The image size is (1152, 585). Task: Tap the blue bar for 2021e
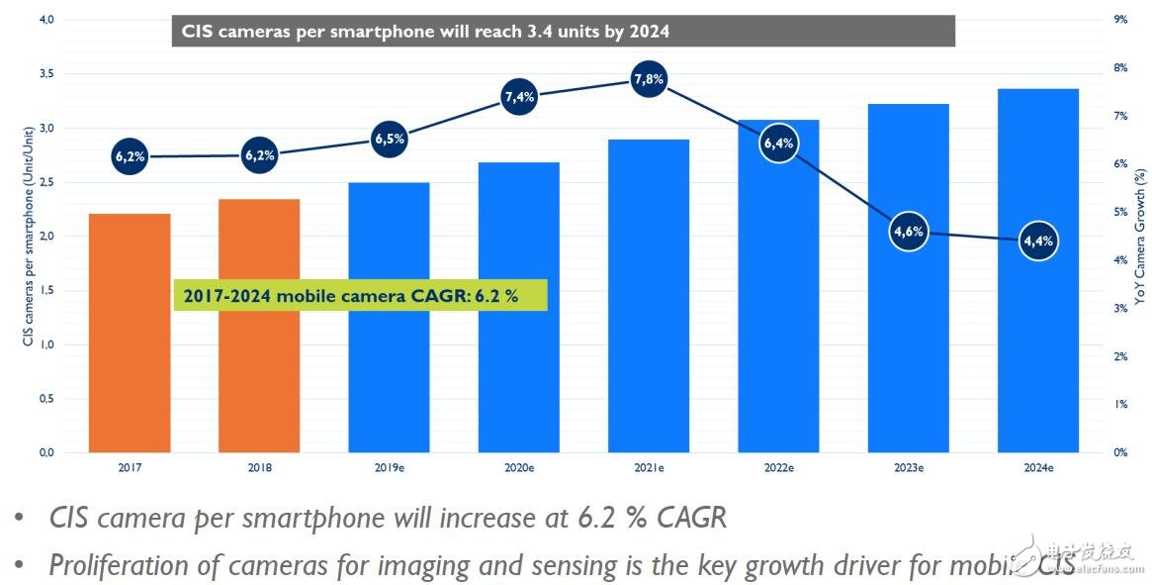648,296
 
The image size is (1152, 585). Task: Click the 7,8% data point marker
648,79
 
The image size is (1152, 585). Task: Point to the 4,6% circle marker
908,232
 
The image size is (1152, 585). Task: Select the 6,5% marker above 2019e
389,140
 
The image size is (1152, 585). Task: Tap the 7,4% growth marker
518,97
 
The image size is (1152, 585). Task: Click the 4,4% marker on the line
1038,241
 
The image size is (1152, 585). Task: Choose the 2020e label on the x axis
518,466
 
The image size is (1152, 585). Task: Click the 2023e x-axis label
908,466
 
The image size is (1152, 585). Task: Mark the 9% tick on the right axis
1119,20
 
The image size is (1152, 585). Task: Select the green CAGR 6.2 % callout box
360,294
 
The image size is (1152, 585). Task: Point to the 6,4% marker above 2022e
778,144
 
